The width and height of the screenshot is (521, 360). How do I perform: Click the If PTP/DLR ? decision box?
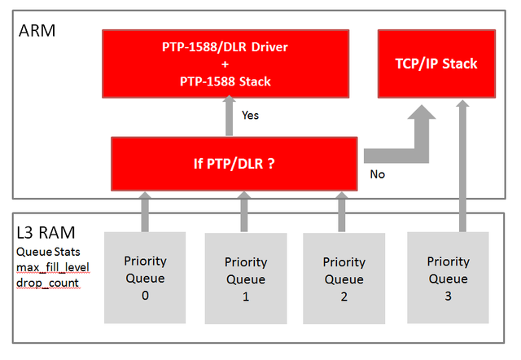tap(234, 162)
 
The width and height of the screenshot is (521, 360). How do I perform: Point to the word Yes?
tap(250, 116)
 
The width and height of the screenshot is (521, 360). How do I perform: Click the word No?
tap(377, 173)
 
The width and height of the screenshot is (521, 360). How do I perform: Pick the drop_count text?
tap(46, 284)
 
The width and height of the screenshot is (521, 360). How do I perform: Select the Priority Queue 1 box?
tap(245, 279)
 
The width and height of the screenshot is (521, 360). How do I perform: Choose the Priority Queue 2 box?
tap(344, 279)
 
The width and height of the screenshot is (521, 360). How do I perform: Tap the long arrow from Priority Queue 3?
tap(462, 163)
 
